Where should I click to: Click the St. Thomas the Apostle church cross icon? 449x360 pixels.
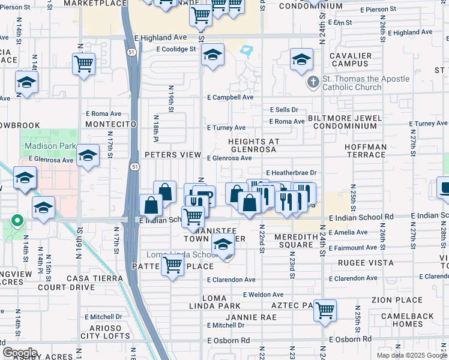312,82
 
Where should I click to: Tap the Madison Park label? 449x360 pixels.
50,146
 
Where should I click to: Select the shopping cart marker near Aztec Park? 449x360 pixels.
325,311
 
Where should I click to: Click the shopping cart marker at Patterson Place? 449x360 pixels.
173,265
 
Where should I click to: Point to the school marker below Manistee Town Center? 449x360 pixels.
223,245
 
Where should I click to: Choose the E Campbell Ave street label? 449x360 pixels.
231,97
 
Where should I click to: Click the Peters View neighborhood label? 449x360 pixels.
173,155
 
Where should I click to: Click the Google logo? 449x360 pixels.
20,352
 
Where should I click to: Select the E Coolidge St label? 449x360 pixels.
176,49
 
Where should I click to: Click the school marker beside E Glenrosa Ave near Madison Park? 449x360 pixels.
88,157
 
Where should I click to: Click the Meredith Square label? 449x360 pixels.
296,241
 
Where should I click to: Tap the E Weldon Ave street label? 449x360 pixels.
264,295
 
